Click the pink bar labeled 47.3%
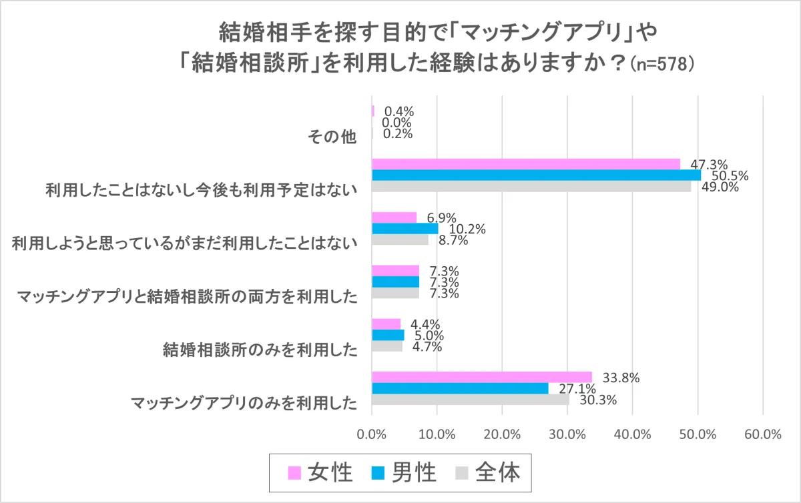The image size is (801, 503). point(526,164)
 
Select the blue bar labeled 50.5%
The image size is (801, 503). point(536,175)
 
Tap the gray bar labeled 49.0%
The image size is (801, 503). point(531,187)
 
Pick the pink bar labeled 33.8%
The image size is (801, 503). point(481,377)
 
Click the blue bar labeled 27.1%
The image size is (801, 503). point(460,388)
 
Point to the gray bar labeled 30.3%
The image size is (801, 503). point(470,400)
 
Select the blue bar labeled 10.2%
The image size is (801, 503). point(405,229)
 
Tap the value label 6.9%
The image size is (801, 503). point(441,217)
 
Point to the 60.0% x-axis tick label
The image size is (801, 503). point(762,434)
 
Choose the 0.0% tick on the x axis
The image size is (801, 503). point(372,434)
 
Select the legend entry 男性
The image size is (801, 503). point(405,472)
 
